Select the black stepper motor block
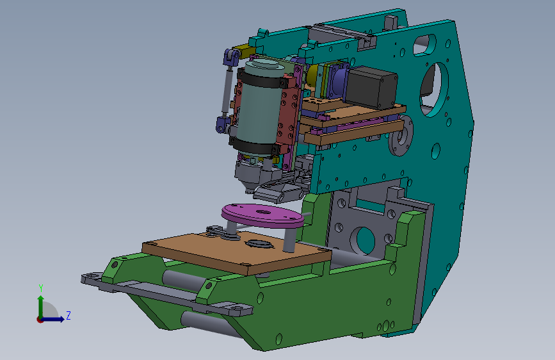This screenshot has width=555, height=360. [371, 87]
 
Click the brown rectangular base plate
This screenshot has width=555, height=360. [236, 252]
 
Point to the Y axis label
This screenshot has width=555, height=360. [41, 288]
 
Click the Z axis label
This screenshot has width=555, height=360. [68, 315]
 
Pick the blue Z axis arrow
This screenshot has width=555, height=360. [53, 319]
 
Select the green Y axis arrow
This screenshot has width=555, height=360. [41, 307]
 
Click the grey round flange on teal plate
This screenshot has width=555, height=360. [401, 135]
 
